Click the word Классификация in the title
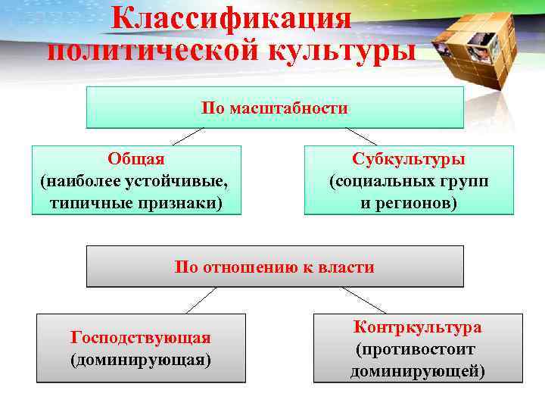(231, 19)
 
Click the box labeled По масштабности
(274, 108)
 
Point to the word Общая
(136, 159)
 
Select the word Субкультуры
(409, 159)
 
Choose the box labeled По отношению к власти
(274, 267)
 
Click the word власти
(349, 267)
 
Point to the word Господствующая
(141, 337)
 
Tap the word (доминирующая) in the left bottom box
(141, 358)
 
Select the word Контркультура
(417, 327)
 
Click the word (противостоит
(416, 349)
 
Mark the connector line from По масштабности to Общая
(188, 136)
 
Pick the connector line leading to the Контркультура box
(363, 300)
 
